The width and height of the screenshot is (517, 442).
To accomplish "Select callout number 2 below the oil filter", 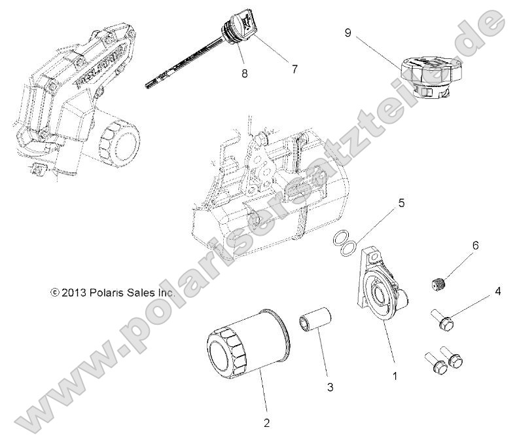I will [266, 422].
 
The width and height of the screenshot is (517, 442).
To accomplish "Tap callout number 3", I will [330, 388].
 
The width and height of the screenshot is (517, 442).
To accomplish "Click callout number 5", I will [401, 204].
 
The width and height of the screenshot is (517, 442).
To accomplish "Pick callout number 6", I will [475, 246].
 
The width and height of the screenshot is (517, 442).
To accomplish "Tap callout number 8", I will [245, 74].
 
